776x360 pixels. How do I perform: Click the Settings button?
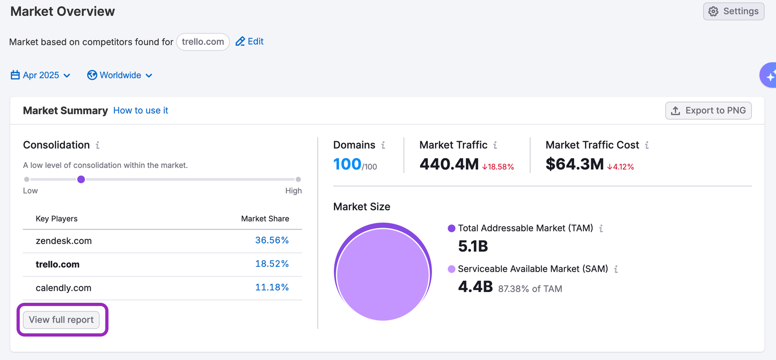733,11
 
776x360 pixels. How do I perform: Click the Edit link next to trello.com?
250,42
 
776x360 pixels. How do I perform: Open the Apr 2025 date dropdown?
41,75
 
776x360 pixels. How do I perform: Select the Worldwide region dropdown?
120,75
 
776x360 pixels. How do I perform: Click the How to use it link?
141,111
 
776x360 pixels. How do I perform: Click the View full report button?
61,320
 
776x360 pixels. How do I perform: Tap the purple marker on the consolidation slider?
81,180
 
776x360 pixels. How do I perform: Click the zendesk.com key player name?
64,241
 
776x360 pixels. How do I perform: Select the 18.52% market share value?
272,264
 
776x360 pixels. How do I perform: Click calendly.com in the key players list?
64,288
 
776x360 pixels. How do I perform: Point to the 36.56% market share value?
272,240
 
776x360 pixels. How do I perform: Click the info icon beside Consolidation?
97,145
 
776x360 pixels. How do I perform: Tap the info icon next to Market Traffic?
495,145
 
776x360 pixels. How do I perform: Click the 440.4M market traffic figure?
449,164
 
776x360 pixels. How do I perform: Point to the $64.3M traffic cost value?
575,164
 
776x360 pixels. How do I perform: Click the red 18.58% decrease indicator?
498,167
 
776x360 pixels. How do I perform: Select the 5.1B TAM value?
473,246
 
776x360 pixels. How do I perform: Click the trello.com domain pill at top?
203,42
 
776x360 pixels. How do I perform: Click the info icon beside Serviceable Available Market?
616,269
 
